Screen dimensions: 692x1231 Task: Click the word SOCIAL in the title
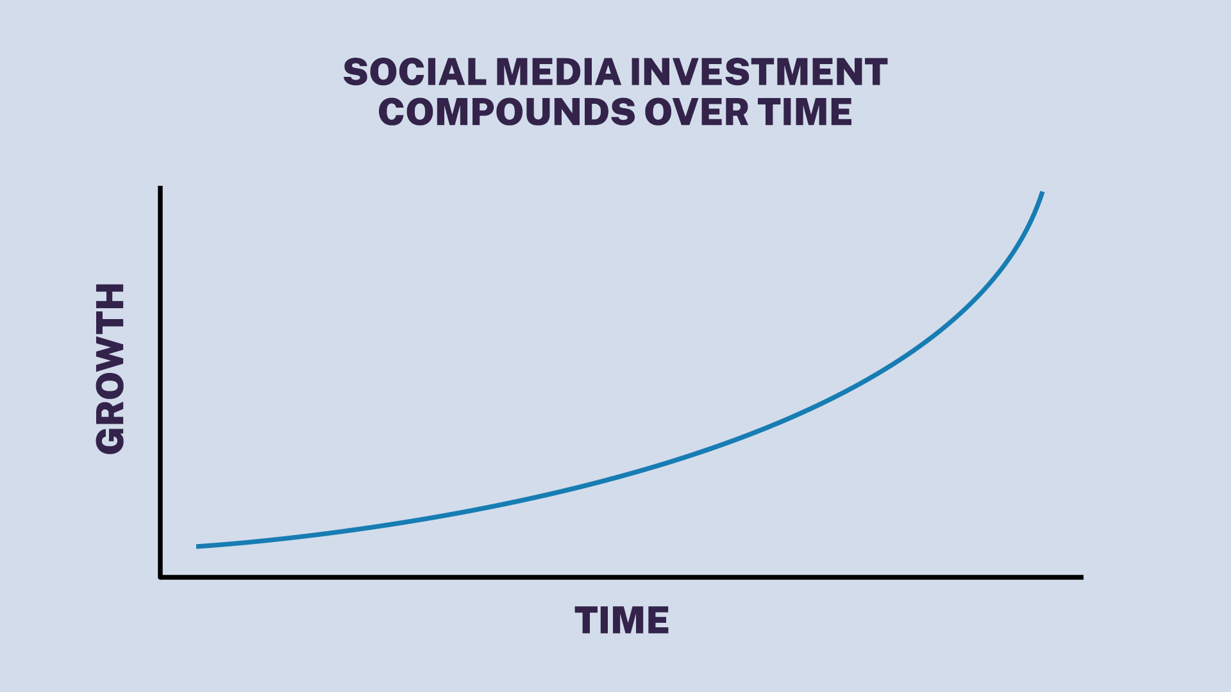click(415, 72)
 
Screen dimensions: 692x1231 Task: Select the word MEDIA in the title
click(558, 72)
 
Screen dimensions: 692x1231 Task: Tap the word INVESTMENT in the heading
click(759, 72)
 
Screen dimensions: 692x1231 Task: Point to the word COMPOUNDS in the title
click(507, 112)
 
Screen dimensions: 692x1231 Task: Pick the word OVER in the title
click(696, 112)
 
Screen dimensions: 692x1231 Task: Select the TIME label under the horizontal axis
click(621, 620)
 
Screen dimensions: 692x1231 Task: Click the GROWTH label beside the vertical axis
click(110, 368)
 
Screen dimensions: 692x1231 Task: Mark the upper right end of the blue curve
click(1042, 193)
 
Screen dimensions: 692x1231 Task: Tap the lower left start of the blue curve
click(198, 547)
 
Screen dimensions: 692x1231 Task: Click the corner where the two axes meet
click(160, 577)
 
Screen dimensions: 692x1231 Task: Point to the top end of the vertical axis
click(160, 188)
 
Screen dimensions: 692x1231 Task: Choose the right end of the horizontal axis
click(1082, 577)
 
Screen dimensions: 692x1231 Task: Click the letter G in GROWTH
click(110, 439)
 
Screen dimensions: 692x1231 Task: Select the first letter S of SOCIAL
click(356, 72)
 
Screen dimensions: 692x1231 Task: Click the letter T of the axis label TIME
click(587, 620)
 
